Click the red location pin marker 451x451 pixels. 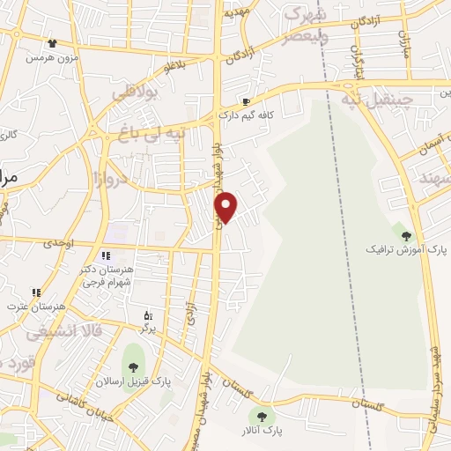tap(226, 207)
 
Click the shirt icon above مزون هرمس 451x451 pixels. tap(52, 42)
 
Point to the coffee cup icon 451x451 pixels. tap(247, 101)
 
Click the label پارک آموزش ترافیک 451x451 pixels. tap(403, 249)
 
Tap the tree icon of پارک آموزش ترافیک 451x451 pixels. tap(406, 235)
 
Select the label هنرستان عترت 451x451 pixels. tap(26, 306)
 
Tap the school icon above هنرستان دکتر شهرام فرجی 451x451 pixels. tap(106, 255)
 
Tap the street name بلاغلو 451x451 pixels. tap(176, 64)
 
